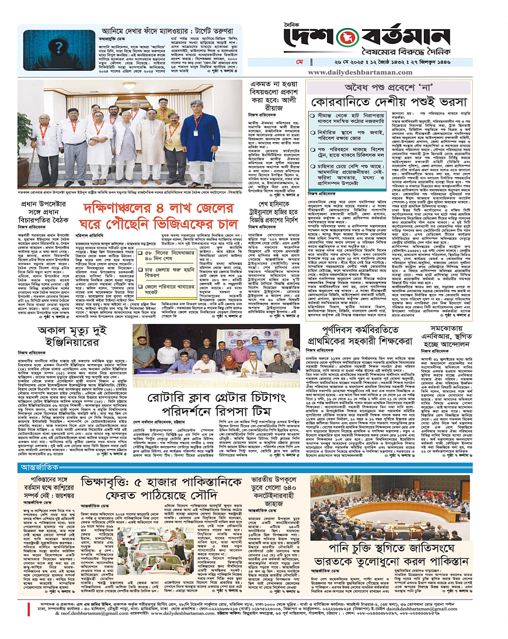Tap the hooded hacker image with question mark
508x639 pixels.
[x=41, y=54]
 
